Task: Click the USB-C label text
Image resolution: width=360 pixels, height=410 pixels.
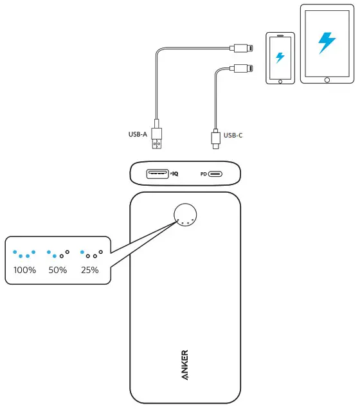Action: pyautogui.click(x=233, y=135)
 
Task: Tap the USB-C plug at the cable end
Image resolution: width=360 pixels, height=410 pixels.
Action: pyautogui.click(x=214, y=139)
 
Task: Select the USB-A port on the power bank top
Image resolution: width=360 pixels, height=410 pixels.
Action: pyautogui.click(x=157, y=173)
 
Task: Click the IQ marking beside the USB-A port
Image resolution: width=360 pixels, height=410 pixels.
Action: pyautogui.click(x=174, y=174)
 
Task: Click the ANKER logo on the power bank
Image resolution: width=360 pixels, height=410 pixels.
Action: pyautogui.click(x=184, y=365)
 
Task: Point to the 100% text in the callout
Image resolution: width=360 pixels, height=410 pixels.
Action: pyautogui.click(x=24, y=270)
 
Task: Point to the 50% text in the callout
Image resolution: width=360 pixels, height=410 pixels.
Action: pyautogui.click(x=58, y=270)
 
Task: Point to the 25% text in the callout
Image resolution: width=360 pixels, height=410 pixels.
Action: pyautogui.click(x=89, y=270)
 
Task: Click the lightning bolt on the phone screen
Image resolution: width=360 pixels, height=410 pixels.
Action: pyautogui.click(x=280, y=57)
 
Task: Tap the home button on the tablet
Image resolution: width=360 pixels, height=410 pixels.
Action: pyautogui.click(x=327, y=80)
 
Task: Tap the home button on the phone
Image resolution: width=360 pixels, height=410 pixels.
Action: pyautogui.click(x=280, y=81)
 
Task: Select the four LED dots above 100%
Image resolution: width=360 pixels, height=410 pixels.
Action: pyautogui.click(x=24, y=254)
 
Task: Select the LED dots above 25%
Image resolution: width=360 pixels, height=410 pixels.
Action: pyautogui.click(x=91, y=254)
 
